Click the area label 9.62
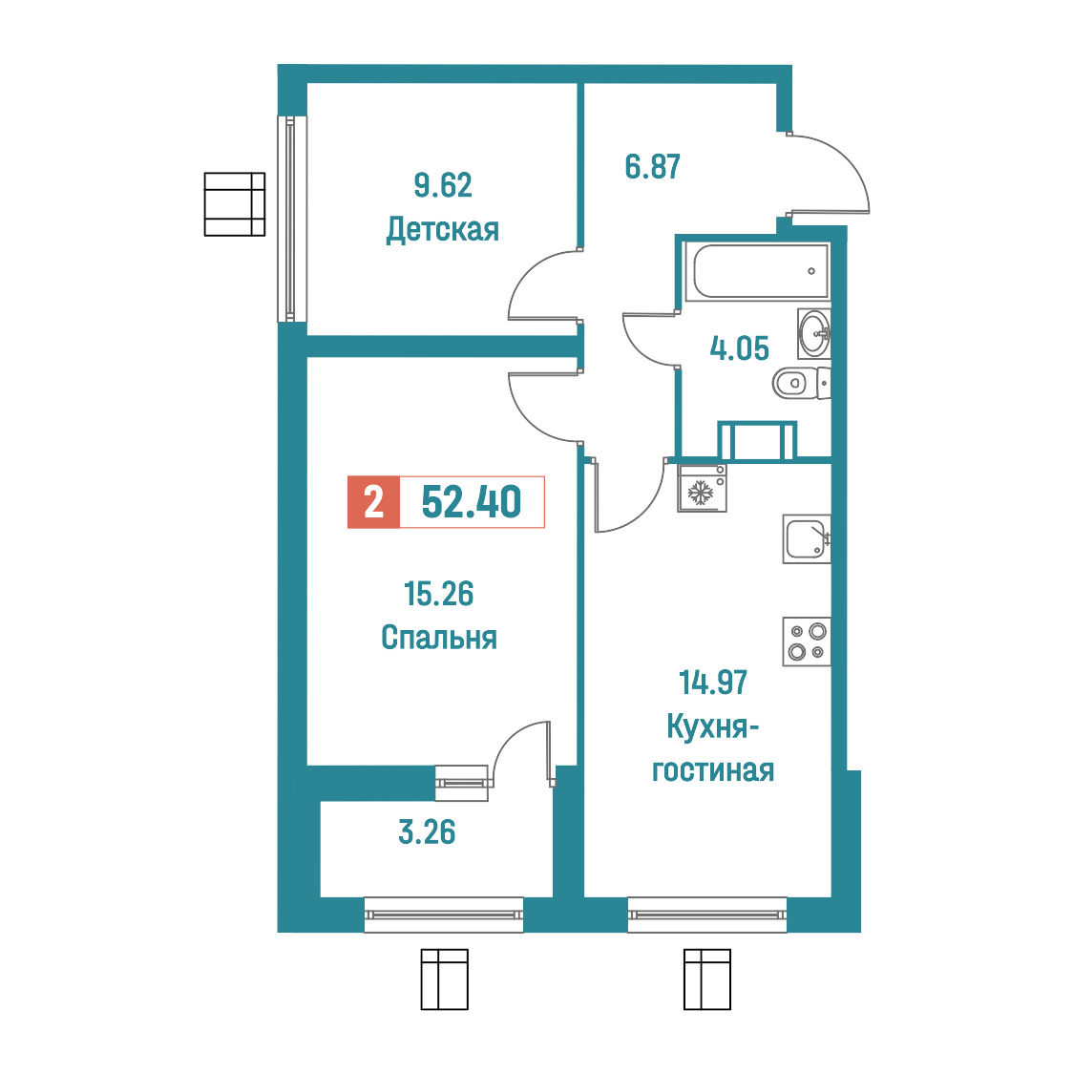[443, 185]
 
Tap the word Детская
[443, 229]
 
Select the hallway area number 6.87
[653, 167]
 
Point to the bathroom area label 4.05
[739, 348]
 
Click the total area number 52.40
[472, 501]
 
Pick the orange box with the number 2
[373, 502]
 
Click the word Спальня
[438, 637]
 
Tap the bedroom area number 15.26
[438, 594]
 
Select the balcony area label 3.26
[427, 832]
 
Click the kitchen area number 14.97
[713, 683]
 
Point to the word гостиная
[713, 770]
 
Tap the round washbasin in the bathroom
[814, 333]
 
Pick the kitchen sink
[807, 539]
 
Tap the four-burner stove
[807, 642]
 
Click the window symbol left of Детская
[235, 204]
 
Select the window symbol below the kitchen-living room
[707, 979]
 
